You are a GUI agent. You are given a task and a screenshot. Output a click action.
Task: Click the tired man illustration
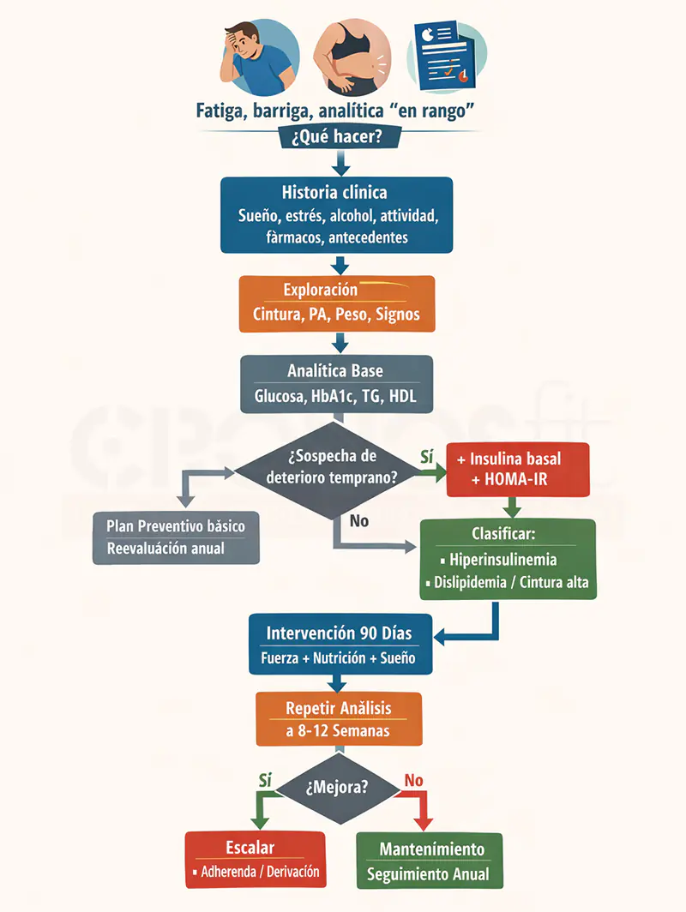259,57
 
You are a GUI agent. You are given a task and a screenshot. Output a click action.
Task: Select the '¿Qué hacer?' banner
340,136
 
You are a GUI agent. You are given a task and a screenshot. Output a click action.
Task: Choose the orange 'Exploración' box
337,303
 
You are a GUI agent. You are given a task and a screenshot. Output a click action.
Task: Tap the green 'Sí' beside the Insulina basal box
426,457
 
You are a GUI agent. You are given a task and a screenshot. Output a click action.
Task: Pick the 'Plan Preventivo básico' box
176,537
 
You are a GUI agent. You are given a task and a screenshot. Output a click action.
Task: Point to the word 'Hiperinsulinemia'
503,560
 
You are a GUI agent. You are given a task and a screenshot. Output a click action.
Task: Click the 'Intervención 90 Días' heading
339,633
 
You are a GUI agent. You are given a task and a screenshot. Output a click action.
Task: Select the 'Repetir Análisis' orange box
340,719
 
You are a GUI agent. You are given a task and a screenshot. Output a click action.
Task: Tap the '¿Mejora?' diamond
338,788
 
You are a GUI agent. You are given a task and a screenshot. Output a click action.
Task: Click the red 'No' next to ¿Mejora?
413,781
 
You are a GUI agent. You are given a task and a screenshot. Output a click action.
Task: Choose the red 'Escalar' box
256,860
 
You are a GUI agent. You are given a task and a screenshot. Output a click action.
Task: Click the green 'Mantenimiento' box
430,861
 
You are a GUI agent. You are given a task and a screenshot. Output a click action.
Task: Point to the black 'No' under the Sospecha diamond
359,521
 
